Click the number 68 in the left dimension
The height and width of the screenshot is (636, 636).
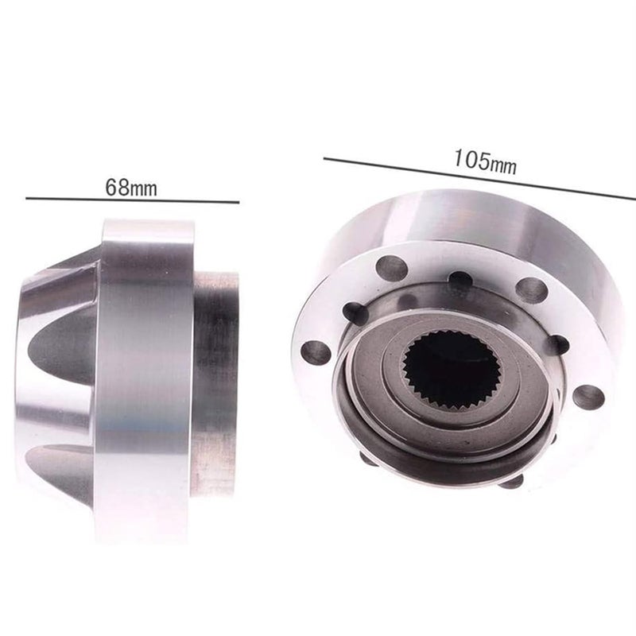coord(116,188)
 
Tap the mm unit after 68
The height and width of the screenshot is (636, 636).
coord(142,189)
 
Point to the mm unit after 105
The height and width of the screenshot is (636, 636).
coord(503,165)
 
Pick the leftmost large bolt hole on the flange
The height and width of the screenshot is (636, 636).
coord(316,351)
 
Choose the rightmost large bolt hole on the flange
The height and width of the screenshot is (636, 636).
coord(588,396)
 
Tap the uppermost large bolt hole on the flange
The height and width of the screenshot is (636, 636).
coord(392,268)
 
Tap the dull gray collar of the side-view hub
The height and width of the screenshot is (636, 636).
coord(215,382)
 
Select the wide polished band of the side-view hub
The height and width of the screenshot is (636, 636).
coord(143,382)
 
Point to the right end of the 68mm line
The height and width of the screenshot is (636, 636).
coord(238,202)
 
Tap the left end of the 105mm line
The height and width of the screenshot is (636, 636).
coord(324,160)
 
